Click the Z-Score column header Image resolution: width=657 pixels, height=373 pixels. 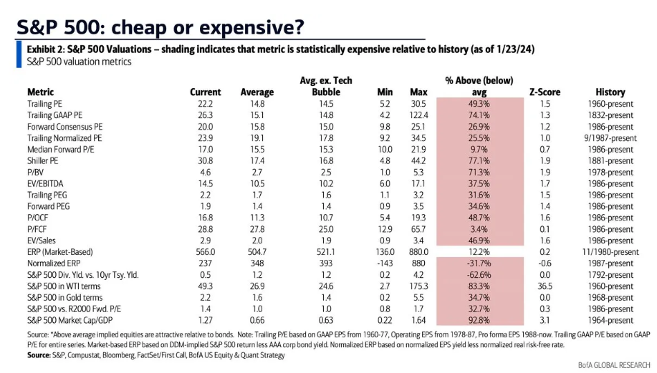click(x=545, y=92)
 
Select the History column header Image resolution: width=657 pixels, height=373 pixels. click(x=610, y=92)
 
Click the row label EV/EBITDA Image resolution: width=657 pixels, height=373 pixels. click(x=49, y=184)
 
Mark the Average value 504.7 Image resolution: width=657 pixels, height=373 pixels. click(x=256, y=253)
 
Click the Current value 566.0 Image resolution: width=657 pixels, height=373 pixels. click(x=205, y=253)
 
